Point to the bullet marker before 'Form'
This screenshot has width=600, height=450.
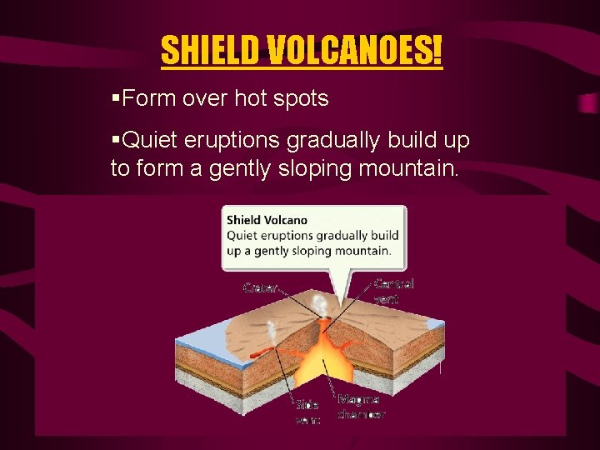pyautogui.click(x=116, y=98)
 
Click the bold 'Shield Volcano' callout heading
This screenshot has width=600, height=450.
pyautogui.click(x=267, y=220)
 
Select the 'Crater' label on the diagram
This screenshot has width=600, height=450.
pyautogui.click(x=259, y=287)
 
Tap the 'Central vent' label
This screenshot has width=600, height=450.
pyautogui.click(x=393, y=291)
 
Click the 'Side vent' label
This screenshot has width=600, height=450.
pyautogui.click(x=307, y=412)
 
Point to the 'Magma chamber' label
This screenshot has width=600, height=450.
pyautogui.click(x=361, y=407)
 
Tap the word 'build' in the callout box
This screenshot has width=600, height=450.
pyautogui.click(x=384, y=236)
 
